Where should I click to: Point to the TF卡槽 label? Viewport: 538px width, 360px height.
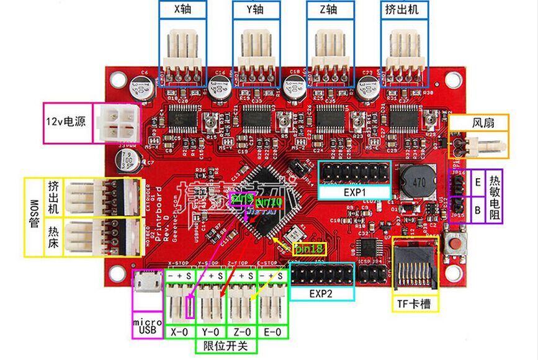click(416, 304)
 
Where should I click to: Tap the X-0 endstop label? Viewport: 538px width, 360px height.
click(180, 332)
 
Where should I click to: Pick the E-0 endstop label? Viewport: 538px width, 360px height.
click(273, 332)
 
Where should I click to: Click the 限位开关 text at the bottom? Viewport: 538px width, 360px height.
click(226, 346)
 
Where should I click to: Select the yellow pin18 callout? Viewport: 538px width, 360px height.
click(309, 249)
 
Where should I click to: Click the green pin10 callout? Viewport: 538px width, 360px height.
click(269, 203)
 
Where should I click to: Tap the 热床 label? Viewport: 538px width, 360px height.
click(53, 235)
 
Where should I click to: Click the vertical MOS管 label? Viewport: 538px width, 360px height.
click(34, 217)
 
